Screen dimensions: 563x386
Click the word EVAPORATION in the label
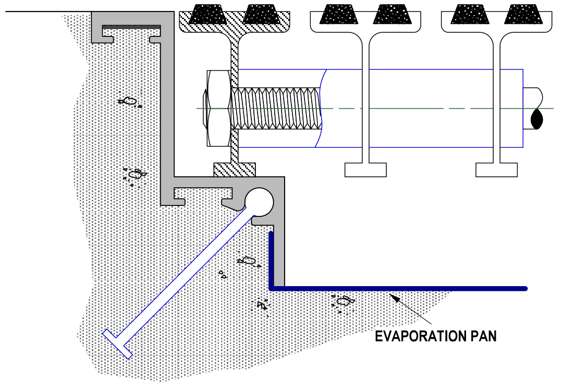click(421, 336)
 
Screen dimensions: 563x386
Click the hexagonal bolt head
click(218, 108)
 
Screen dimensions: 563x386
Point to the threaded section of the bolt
click(276, 108)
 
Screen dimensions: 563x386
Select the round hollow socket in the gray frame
click(259, 202)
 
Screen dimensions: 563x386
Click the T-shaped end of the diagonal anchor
click(117, 344)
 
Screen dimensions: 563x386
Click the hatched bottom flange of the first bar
click(235, 170)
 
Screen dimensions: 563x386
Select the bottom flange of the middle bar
click(365, 170)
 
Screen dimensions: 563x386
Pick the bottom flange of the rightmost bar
click(497, 170)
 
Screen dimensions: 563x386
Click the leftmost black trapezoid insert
click(207, 15)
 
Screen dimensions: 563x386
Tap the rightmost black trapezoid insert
click(523, 15)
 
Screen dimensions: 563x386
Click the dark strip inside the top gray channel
click(131, 27)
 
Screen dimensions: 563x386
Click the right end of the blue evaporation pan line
click(525, 289)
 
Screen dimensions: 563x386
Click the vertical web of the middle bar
click(365, 97)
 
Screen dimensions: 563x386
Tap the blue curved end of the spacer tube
click(321, 108)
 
